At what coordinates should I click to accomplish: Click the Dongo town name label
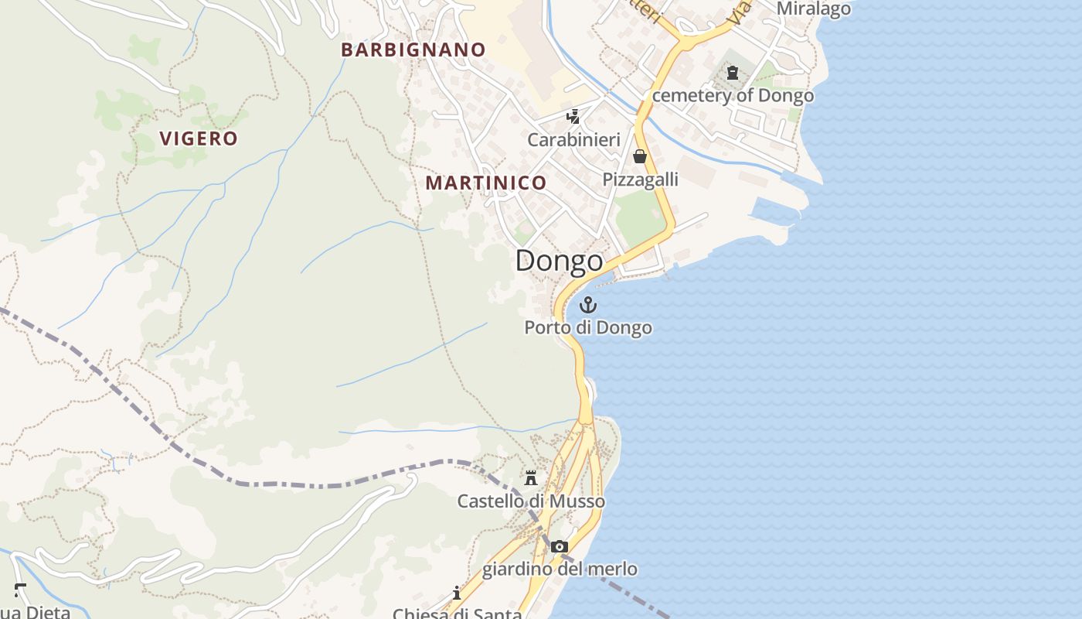pyautogui.click(x=559, y=261)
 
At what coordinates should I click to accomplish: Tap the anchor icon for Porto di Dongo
pyautogui.click(x=589, y=304)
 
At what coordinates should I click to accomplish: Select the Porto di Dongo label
pyautogui.click(x=588, y=327)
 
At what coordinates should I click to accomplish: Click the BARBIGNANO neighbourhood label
pyautogui.click(x=413, y=50)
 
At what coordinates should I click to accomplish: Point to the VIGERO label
pyautogui.click(x=199, y=139)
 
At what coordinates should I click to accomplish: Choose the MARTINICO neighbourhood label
pyautogui.click(x=486, y=183)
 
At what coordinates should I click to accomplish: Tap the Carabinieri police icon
pyautogui.click(x=573, y=117)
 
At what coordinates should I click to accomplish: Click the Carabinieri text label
pyautogui.click(x=573, y=140)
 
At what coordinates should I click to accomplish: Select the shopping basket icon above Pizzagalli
pyautogui.click(x=640, y=157)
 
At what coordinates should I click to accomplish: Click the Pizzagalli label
pyautogui.click(x=640, y=180)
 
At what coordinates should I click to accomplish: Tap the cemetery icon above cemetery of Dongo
pyautogui.click(x=732, y=74)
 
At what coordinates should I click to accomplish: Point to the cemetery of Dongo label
pyautogui.click(x=733, y=95)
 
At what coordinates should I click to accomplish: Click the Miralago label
pyautogui.click(x=813, y=9)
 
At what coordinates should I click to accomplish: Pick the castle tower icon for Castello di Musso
pyautogui.click(x=531, y=478)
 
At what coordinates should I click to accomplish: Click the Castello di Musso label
pyautogui.click(x=531, y=501)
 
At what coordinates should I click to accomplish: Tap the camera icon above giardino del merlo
pyautogui.click(x=560, y=547)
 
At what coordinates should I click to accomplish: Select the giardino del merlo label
pyautogui.click(x=560, y=569)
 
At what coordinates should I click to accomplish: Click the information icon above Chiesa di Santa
pyautogui.click(x=457, y=593)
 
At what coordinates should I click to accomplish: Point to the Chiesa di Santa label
pyautogui.click(x=457, y=614)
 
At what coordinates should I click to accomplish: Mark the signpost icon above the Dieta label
pyautogui.click(x=20, y=590)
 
